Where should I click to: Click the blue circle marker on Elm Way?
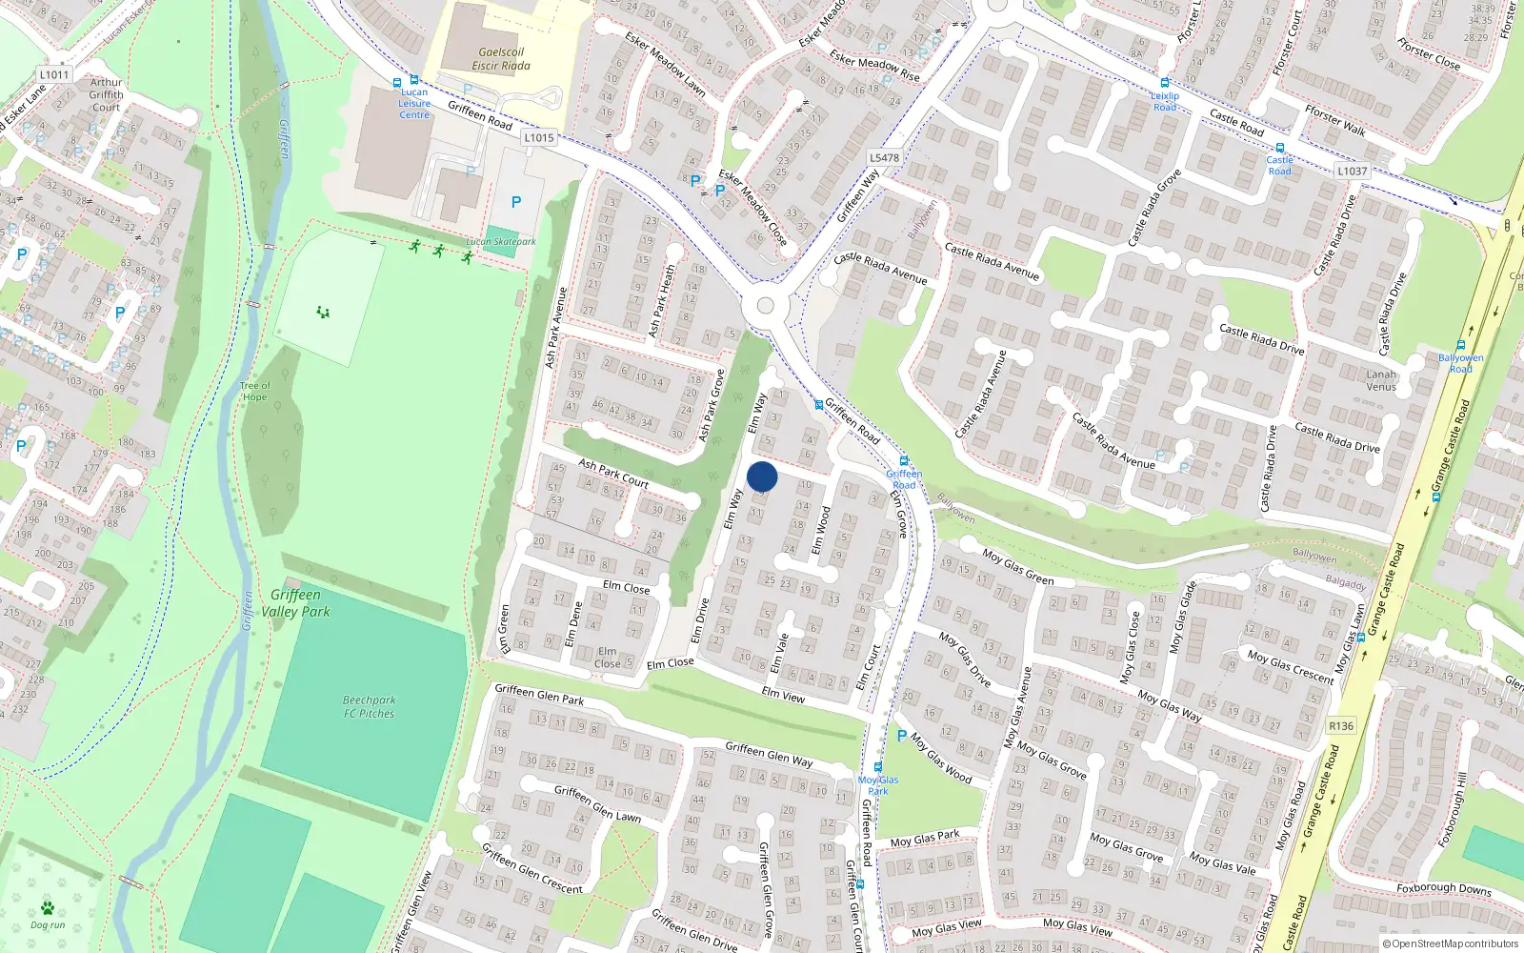(x=762, y=476)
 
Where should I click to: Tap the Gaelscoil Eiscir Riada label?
(x=501, y=59)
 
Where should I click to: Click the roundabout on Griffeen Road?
(x=765, y=306)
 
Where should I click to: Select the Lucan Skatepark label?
(x=500, y=242)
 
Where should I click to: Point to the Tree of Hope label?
(x=254, y=392)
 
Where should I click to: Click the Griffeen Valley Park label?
(x=295, y=602)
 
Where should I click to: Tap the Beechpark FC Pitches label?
(x=369, y=706)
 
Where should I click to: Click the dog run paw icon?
(x=47, y=908)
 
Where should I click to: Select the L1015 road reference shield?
(x=538, y=137)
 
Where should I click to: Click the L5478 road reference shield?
(x=884, y=158)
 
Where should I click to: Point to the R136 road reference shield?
(x=1341, y=726)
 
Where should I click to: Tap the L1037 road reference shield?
(x=1352, y=172)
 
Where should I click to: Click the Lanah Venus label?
(x=1381, y=380)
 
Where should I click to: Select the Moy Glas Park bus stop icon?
(x=877, y=767)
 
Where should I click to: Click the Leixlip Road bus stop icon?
(x=1164, y=84)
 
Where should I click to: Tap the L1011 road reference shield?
(x=54, y=74)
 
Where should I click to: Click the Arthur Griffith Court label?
(x=106, y=94)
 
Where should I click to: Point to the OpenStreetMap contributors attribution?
(x=1451, y=943)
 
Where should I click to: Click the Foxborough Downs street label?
(x=1443, y=888)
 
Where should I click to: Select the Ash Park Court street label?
(x=613, y=474)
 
